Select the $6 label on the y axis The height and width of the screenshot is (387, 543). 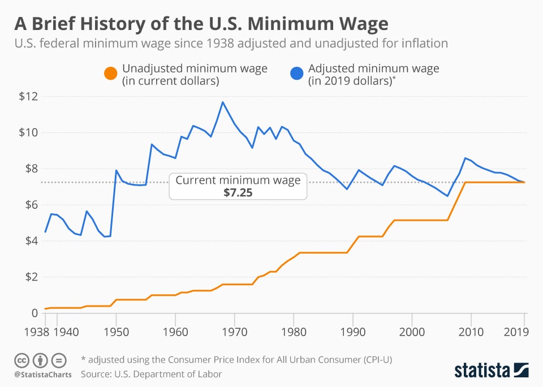pos(29,205)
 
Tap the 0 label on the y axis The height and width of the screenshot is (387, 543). pos(33,313)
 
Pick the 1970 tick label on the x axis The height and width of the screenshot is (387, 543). pos(234,332)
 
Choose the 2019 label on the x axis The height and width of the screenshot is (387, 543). pos(515,332)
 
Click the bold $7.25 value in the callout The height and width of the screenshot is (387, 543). pos(238,192)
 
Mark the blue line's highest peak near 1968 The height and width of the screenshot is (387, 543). pos(223,102)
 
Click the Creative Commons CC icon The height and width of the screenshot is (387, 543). pos(22,360)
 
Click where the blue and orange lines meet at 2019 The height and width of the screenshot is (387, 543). pos(524,182)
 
